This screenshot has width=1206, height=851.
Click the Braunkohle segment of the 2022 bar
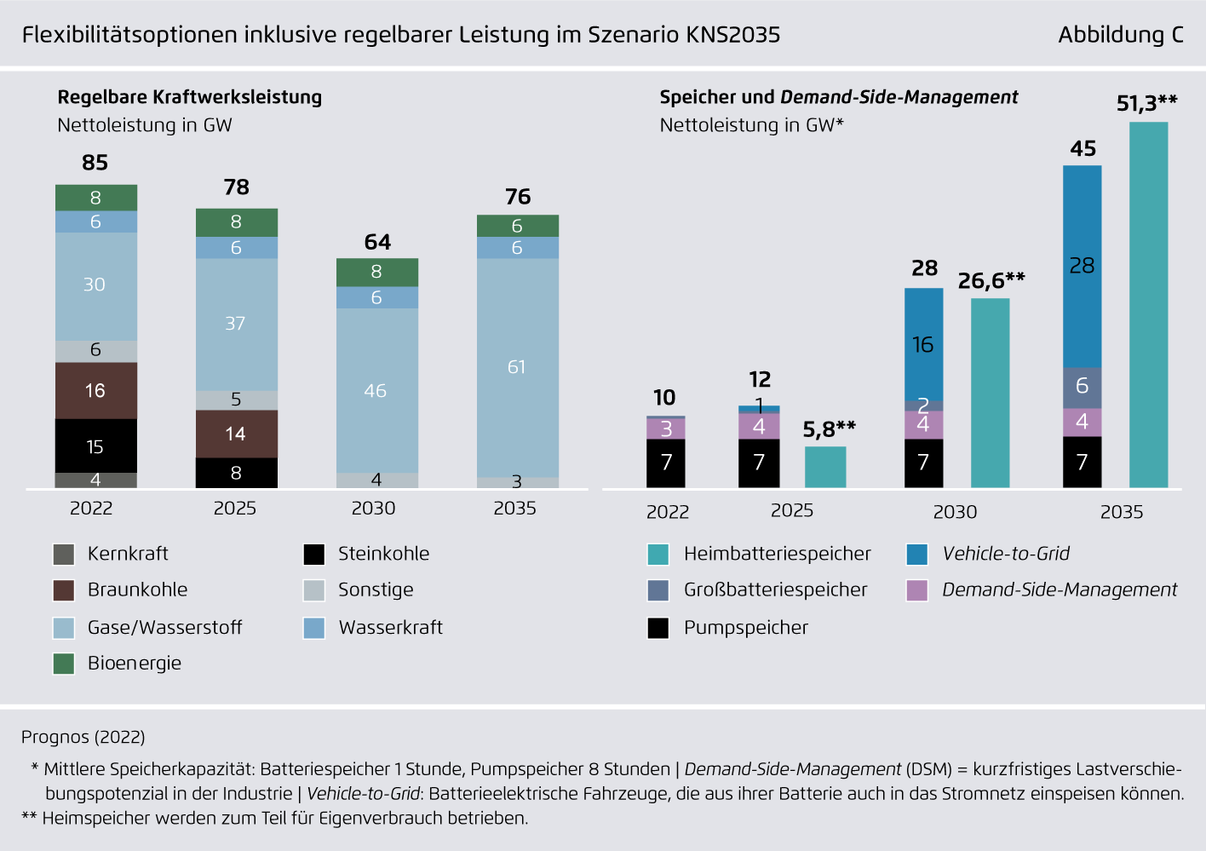[95, 390]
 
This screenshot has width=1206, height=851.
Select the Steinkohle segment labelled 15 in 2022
[95, 446]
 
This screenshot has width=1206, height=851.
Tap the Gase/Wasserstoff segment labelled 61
[517, 367]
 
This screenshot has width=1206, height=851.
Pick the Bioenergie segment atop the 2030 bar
[376, 272]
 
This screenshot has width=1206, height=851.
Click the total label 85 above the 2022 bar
[95, 163]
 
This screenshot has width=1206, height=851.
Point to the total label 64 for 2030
[377, 242]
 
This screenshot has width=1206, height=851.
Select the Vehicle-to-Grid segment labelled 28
[1082, 266]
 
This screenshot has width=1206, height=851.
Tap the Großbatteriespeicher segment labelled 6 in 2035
[1082, 387]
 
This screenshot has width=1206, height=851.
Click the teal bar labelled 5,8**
[824, 467]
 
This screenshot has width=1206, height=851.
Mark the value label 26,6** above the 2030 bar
[991, 280]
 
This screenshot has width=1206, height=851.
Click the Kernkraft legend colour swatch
[64, 555]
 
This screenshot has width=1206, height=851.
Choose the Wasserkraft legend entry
[390, 628]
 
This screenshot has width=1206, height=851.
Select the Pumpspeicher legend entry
[745, 628]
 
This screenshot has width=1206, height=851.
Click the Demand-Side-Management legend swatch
[917, 590]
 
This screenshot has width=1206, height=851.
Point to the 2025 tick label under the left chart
[235, 509]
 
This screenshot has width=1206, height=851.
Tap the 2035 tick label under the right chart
[1121, 512]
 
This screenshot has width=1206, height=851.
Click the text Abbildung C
[1120, 35]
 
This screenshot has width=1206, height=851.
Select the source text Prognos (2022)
[83, 737]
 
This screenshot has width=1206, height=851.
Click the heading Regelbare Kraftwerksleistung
[190, 97]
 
